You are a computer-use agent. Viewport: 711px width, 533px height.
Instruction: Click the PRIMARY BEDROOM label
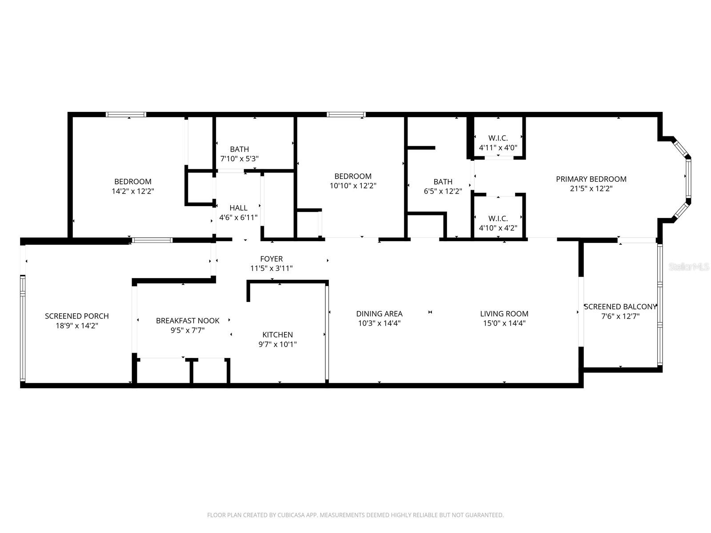[591, 179]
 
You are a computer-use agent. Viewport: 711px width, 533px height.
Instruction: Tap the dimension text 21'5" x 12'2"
[591, 189]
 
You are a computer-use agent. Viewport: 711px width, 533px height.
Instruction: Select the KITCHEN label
[277, 335]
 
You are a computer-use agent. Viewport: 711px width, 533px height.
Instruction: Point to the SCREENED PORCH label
[77, 316]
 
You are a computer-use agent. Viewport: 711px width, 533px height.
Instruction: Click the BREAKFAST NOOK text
[188, 321]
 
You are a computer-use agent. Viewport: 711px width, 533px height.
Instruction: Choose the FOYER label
[271, 259]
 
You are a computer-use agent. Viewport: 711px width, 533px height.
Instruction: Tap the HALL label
[239, 208]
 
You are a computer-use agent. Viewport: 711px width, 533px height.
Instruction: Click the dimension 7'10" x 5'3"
[240, 159]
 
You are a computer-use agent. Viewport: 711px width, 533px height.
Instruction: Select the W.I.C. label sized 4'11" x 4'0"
[498, 138]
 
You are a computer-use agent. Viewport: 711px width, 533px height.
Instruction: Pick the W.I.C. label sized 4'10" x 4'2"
[498, 219]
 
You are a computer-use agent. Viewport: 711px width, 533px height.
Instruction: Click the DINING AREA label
[379, 314]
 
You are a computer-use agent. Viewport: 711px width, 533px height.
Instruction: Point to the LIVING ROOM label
[504, 314]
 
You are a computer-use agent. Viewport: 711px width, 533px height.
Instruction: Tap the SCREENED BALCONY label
[620, 307]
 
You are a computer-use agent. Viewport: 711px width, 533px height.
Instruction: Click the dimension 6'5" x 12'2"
[443, 191]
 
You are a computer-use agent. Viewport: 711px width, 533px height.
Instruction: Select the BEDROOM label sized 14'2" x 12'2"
[133, 182]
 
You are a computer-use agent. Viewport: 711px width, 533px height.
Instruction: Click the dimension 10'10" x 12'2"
[353, 186]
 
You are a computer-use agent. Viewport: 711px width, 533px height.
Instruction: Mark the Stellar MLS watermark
[689, 267]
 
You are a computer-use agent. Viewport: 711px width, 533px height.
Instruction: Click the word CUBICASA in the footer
[291, 515]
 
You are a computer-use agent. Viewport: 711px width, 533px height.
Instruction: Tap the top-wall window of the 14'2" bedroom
[126, 115]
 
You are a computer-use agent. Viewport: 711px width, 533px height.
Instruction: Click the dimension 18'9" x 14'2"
[77, 326]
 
